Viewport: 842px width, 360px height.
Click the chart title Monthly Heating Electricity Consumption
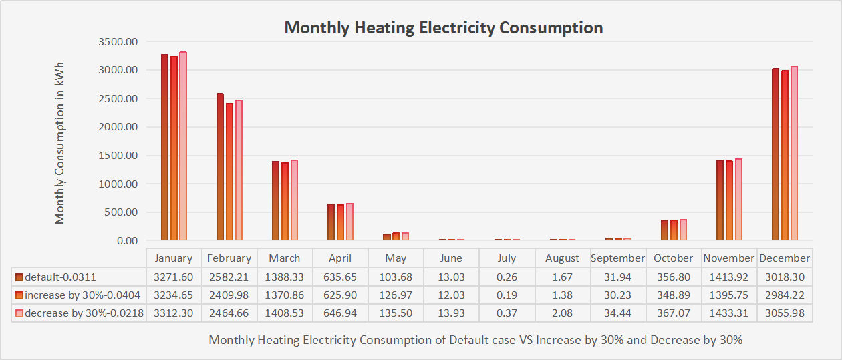click(x=443, y=28)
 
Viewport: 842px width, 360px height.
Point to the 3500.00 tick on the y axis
click(x=118, y=42)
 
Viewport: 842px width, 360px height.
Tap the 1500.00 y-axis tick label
click(x=118, y=156)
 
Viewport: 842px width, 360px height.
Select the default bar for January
click(x=164, y=147)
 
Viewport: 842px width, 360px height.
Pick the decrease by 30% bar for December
click(x=794, y=154)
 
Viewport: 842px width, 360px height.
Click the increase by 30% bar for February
click(x=229, y=172)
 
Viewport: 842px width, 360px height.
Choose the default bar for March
click(x=275, y=200)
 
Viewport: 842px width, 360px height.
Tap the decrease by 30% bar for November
click(x=738, y=199)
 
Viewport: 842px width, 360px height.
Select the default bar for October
click(x=664, y=230)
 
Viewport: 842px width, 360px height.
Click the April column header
click(x=340, y=258)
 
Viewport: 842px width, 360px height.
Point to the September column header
click(x=617, y=258)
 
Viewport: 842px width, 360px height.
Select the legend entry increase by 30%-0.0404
click(x=79, y=295)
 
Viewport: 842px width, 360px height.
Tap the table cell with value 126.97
click(x=396, y=295)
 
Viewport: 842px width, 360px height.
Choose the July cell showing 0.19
click(x=507, y=295)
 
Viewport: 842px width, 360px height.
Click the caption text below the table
click(x=475, y=339)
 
